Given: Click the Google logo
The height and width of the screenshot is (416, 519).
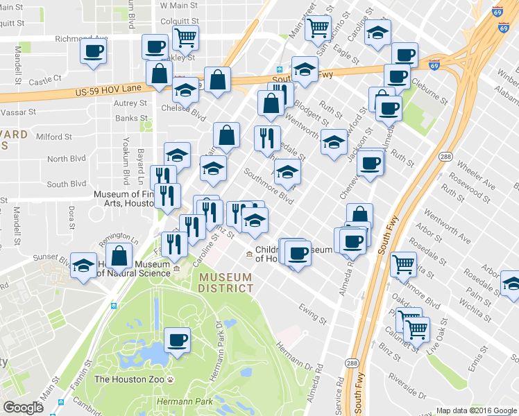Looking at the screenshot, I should [x=24, y=408].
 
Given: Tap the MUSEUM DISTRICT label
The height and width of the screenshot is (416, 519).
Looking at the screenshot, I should [x=226, y=283].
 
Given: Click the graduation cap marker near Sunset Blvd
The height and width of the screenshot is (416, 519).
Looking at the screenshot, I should [x=84, y=266].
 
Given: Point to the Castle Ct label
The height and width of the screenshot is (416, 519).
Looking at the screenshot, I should [x=46, y=80].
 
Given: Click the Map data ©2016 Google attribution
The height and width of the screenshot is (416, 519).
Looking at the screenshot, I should [x=476, y=410].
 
